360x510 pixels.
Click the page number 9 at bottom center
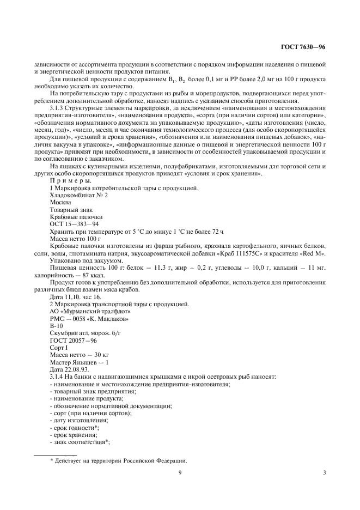179,473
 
